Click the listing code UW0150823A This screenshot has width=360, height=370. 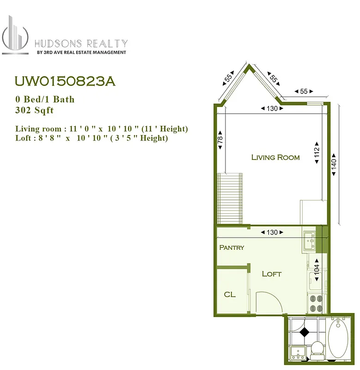pyautogui.click(x=65, y=81)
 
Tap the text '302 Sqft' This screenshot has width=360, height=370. pyautogui.click(x=35, y=110)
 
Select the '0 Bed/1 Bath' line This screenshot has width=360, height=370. pyautogui.click(x=45, y=99)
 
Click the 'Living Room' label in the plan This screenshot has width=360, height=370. pyautogui.click(x=275, y=157)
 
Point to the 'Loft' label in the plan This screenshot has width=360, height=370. pyautogui.click(x=272, y=274)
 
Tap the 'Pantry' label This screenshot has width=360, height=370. pyautogui.click(x=232, y=247)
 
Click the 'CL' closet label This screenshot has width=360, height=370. pyautogui.click(x=230, y=294)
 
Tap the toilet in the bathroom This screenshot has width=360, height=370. pyautogui.click(x=317, y=350)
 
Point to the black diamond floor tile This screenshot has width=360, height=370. pyautogui.click(x=305, y=331)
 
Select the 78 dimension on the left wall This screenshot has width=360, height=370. pyautogui.click(x=221, y=139)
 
